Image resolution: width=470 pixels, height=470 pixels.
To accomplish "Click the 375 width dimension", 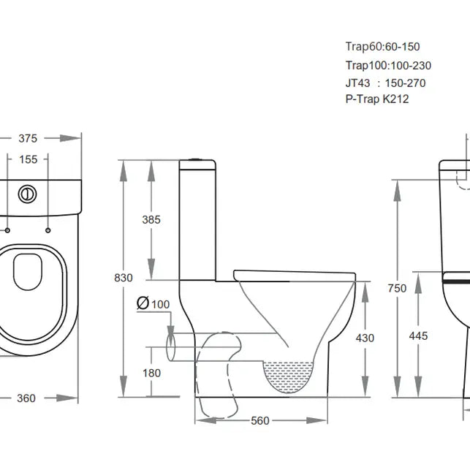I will coord(28,138).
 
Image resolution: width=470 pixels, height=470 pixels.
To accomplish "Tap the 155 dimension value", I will coord(28,159).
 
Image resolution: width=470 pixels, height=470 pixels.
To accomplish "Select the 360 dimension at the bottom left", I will coord(26,398).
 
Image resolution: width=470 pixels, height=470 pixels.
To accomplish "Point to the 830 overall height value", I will coord(124,278).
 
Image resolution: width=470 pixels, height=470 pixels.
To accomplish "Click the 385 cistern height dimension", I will coord(152,219).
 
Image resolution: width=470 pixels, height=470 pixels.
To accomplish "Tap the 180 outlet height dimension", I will coord(152,373).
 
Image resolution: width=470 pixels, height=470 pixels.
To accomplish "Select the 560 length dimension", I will coord(261,420).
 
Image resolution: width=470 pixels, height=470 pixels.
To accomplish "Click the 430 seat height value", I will coord(365,338).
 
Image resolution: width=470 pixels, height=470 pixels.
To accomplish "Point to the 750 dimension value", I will coord(397,289).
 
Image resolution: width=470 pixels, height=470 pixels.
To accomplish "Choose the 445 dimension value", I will coord(418,336).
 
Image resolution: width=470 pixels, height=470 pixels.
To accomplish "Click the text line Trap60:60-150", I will coord(383,47).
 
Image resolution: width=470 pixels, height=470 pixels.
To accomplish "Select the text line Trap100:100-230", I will coord(388,65).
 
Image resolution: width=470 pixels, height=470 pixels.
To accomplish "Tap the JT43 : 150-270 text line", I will coord(385,83).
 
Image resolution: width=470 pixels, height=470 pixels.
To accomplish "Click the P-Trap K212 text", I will coord(377,99).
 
